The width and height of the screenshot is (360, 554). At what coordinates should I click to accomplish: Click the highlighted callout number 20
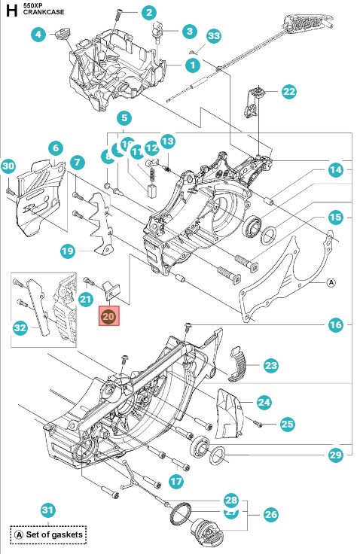pyautogui.click(x=108, y=318)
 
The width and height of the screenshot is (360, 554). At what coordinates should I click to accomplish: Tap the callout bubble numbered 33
pyautogui.click(x=214, y=36)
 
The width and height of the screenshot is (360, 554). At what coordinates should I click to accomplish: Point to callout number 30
pyautogui.click(x=8, y=166)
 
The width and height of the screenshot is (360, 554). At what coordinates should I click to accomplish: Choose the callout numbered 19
pyautogui.click(x=67, y=251)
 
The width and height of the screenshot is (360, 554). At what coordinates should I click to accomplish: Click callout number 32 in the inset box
pyautogui.click(x=20, y=327)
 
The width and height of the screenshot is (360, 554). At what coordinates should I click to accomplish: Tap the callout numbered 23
pyautogui.click(x=270, y=366)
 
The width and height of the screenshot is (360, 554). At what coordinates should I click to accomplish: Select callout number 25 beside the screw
pyautogui.click(x=287, y=425)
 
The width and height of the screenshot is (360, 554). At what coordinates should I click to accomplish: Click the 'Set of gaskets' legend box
pyautogui.click(x=47, y=534)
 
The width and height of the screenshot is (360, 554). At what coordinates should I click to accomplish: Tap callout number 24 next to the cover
pyautogui.click(x=264, y=402)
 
